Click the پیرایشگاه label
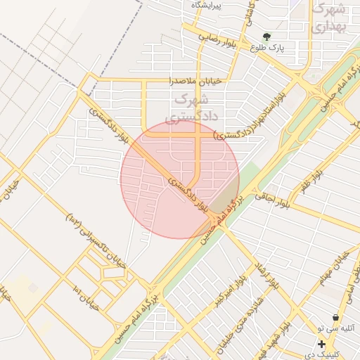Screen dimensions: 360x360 [207, 6]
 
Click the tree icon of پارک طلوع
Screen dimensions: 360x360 [266, 37]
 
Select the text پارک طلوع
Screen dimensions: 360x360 [267, 48]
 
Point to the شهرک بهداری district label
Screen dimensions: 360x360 [330, 18]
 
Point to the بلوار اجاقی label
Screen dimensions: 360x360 [271, 200]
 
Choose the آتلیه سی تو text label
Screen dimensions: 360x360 [337, 328]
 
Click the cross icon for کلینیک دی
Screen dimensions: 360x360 [321, 344]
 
